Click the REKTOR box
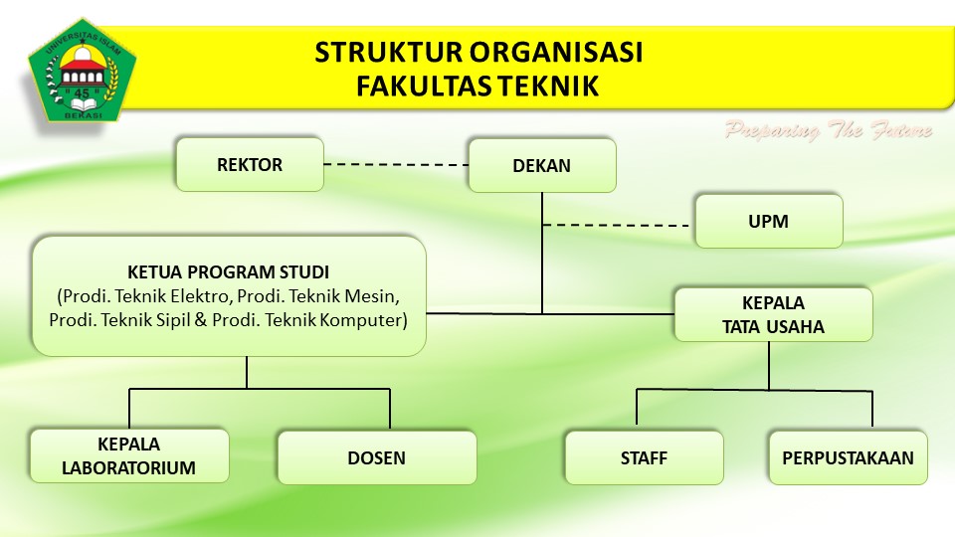pyautogui.click(x=250, y=164)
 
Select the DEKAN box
pyautogui.click(x=542, y=166)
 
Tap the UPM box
pyautogui.click(x=769, y=221)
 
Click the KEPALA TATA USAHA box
pyautogui.click(x=774, y=314)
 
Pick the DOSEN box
pyautogui.click(x=377, y=457)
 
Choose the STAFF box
pyautogui.click(x=645, y=457)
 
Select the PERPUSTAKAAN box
pyautogui.click(x=848, y=457)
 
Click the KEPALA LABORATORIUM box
pyautogui.click(x=129, y=456)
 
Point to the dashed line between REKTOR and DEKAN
pyautogui.click(x=396, y=164)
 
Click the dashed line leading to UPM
pyautogui.click(x=616, y=226)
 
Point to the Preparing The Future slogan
pyautogui.click(x=829, y=129)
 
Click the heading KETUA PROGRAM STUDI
pyautogui.click(x=229, y=272)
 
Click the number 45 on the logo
pyautogui.click(x=82, y=93)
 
